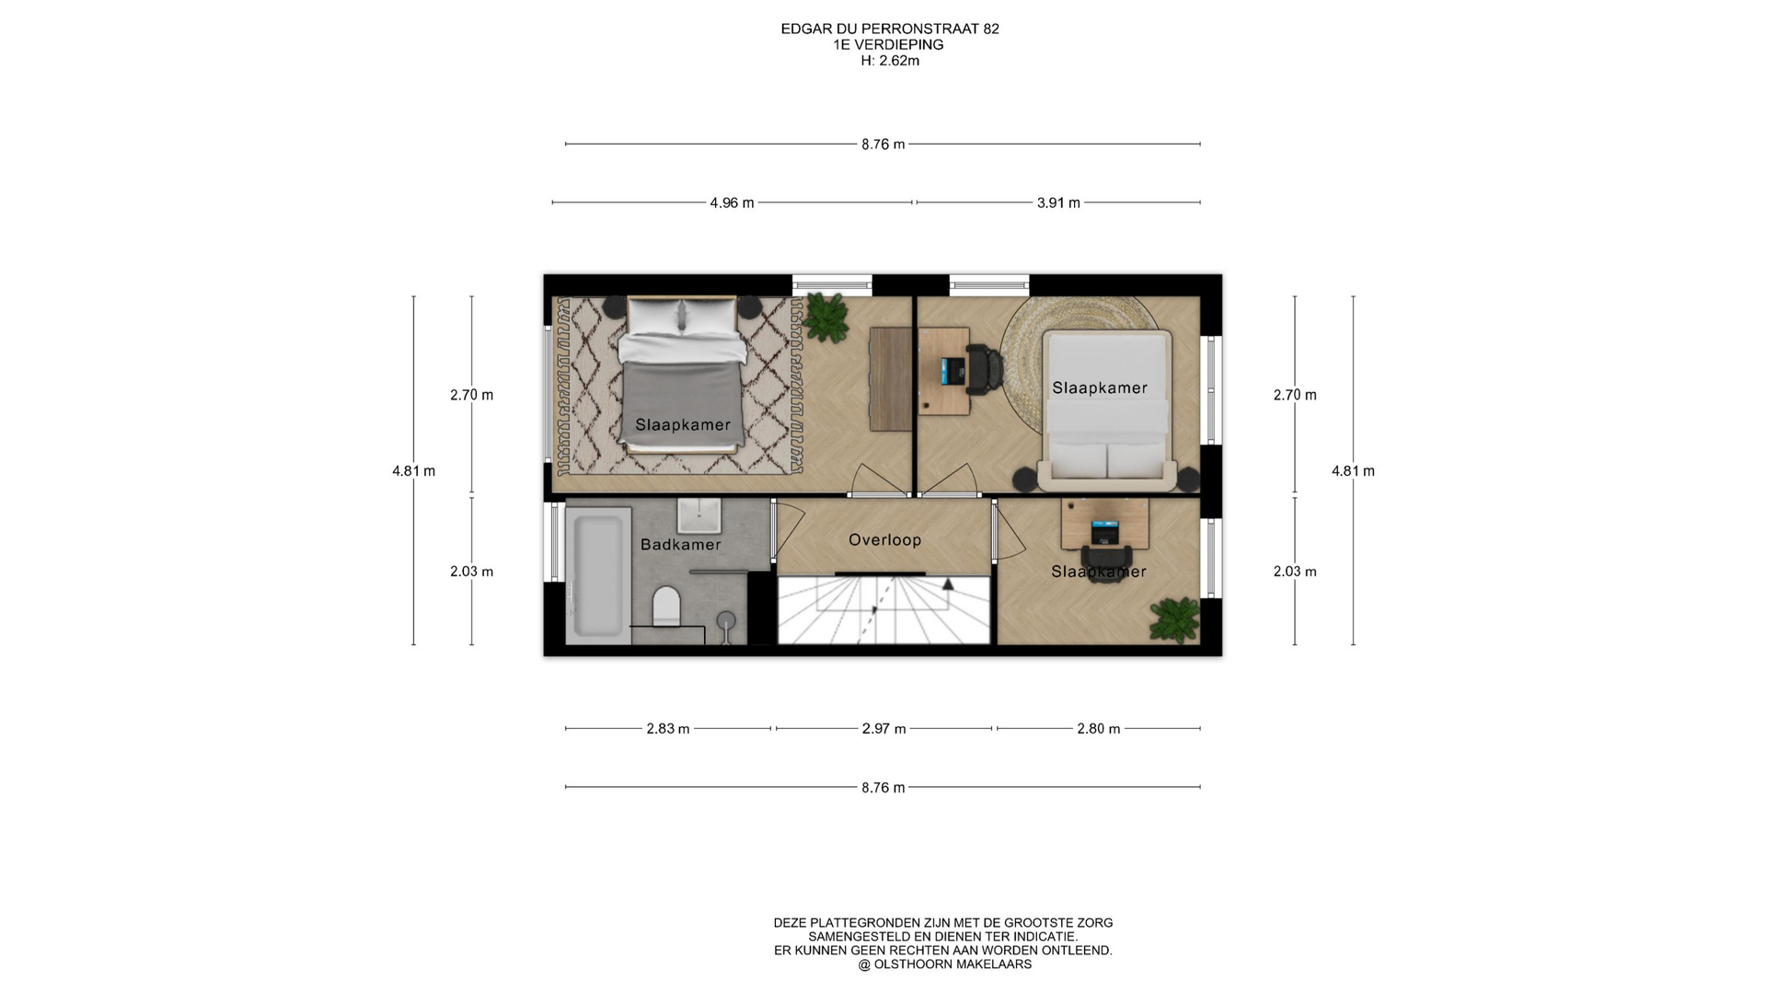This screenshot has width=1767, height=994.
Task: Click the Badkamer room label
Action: point(680,545)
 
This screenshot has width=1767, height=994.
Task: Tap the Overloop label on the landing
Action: point(884,540)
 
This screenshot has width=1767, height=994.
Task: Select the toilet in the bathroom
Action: point(666,607)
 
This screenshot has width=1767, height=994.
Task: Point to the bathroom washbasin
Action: point(699,515)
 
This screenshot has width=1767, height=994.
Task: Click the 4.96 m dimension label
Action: point(732,202)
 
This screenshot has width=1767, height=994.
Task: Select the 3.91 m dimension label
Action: point(1058,202)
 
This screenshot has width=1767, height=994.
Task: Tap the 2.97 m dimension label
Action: point(883,729)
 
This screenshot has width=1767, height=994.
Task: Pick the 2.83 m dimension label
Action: point(667,729)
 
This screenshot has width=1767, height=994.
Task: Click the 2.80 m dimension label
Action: point(1099,729)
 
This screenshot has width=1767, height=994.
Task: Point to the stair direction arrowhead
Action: point(948,583)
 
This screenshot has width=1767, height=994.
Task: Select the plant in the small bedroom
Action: point(1174,619)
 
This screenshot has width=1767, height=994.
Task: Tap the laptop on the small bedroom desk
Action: point(1104,531)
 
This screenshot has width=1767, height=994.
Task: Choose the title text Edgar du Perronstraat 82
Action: point(890,29)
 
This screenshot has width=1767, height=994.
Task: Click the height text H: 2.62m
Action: point(890,61)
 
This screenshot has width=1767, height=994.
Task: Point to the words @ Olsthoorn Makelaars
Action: point(945,965)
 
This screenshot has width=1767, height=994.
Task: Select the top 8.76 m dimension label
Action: point(883,144)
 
